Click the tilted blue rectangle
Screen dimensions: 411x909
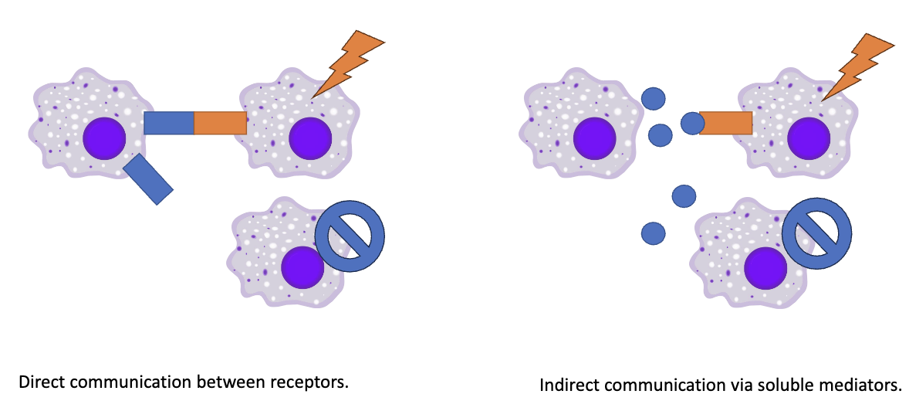(x=148, y=178)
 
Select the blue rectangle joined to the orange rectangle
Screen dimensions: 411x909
(x=169, y=123)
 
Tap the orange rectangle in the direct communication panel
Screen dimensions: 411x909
(x=220, y=123)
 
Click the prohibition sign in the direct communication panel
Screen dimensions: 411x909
(x=350, y=236)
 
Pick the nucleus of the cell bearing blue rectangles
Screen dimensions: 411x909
(x=104, y=139)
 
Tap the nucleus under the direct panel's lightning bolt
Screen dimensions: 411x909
(x=310, y=139)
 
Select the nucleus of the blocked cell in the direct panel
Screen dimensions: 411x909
(x=302, y=267)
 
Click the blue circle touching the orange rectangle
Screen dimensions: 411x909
(x=692, y=123)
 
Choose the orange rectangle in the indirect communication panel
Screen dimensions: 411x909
(x=726, y=123)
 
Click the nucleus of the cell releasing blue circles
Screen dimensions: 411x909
(x=594, y=139)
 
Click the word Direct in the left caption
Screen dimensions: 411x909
(x=39, y=382)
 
